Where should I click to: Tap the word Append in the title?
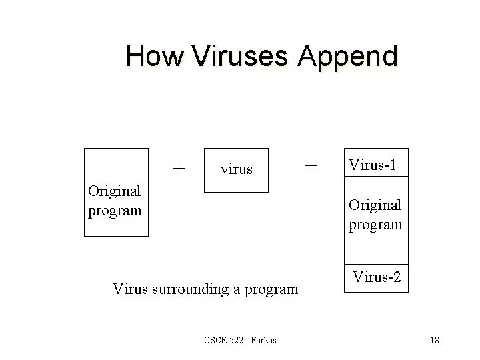click(347, 57)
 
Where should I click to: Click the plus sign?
click(179, 167)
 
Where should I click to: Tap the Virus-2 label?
click(377, 275)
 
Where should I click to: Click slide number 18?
click(434, 341)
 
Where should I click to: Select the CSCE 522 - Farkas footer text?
click(240, 341)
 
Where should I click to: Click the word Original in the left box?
click(115, 191)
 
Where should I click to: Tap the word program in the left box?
click(115, 210)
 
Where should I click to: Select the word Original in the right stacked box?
click(375, 204)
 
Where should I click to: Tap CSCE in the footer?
click(217, 341)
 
